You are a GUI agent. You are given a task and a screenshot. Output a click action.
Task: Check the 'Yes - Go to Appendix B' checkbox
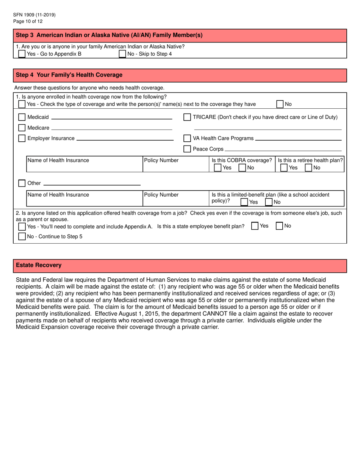pos(22,54)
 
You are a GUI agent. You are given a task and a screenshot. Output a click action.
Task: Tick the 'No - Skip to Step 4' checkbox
pos(122,54)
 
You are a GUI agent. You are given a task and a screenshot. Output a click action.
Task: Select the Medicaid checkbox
pos(22,117)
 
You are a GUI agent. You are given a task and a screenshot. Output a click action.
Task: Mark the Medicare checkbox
pos(22,128)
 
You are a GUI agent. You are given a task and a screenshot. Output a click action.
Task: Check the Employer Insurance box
pos(22,138)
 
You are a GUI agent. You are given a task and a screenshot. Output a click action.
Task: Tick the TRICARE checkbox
pos(187,117)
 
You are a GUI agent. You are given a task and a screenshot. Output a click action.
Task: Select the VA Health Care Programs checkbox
pos(187,138)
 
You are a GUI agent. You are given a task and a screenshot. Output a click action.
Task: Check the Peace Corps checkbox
pos(187,149)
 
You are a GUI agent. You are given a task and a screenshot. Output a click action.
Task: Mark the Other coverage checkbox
pos(22,183)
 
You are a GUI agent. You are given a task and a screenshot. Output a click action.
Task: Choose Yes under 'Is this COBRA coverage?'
pos(218,167)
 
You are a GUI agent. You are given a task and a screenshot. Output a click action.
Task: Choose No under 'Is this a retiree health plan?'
pos(308,167)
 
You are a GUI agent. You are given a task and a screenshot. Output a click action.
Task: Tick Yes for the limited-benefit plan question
pos(244,202)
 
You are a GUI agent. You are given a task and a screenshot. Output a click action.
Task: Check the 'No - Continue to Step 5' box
pos(22,237)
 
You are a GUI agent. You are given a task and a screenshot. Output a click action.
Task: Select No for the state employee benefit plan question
pos(279,226)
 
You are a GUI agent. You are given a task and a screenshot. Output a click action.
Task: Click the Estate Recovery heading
pos(39,265)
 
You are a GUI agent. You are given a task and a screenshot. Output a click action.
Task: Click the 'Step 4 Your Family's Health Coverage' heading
pos(69,75)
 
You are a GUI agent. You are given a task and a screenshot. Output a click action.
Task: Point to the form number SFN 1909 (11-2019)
pos(34,15)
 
